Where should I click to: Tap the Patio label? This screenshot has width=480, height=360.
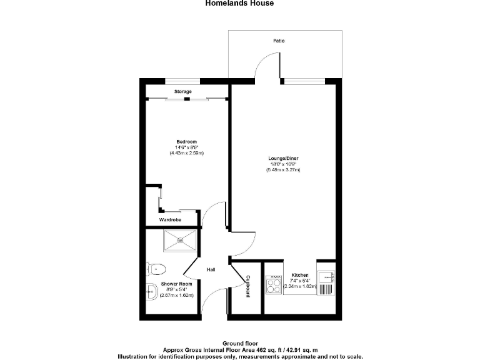[279, 41]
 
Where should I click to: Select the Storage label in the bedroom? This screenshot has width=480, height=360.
[182, 92]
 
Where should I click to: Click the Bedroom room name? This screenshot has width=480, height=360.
[186, 141]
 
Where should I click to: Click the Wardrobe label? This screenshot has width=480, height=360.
[170, 220]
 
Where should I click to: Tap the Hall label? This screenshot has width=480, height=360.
[211, 269]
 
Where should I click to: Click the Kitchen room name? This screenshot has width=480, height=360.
[300, 275]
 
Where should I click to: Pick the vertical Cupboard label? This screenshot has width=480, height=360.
[248, 286]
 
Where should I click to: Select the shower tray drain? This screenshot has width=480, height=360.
[181, 239]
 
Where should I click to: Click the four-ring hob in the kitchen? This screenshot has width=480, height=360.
[274, 285]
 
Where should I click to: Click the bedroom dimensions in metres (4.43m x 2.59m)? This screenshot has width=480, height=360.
[186, 153]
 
